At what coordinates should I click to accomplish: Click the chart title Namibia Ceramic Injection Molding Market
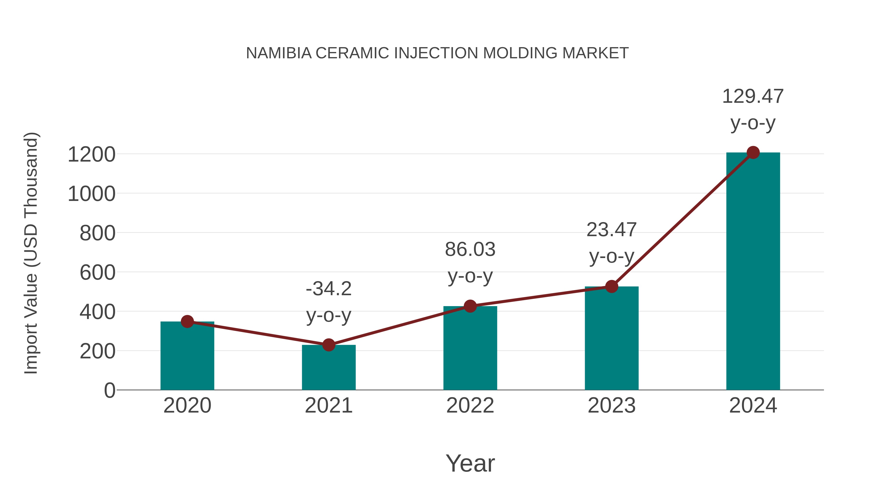pyautogui.click(x=437, y=53)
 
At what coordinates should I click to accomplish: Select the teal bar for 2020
pyautogui.click(x=187, y=356)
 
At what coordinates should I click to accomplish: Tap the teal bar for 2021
pyautogui.click(x=328, y=368)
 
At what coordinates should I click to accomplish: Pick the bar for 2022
pyautogui.click(x=470, y=350)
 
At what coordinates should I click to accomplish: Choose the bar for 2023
pyautogui.click(x=612, y=340)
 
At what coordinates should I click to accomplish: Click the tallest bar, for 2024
pyautogui.click(x=753, y=272)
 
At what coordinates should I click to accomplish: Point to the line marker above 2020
pyautogui.click(x=187, y=321)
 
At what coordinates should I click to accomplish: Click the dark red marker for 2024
pyautogui.click(x=753, y=152)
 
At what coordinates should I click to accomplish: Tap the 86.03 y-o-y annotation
pyautogui.click(x=470, y=262)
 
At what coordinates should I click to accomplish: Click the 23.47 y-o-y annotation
pyautogui.click(x=612, y=242)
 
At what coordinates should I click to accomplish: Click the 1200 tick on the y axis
pyautogui.click(x=92, y=155)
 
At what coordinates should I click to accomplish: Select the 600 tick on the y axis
pyautogui.click(x=97, y=272)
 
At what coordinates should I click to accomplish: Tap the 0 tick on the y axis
pyautogui.click(x=110, y=390)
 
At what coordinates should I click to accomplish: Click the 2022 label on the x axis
pyautogui.click(x=470, y=406)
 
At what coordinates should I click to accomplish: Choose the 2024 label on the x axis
pyautogui.click(x=753, y=406)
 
